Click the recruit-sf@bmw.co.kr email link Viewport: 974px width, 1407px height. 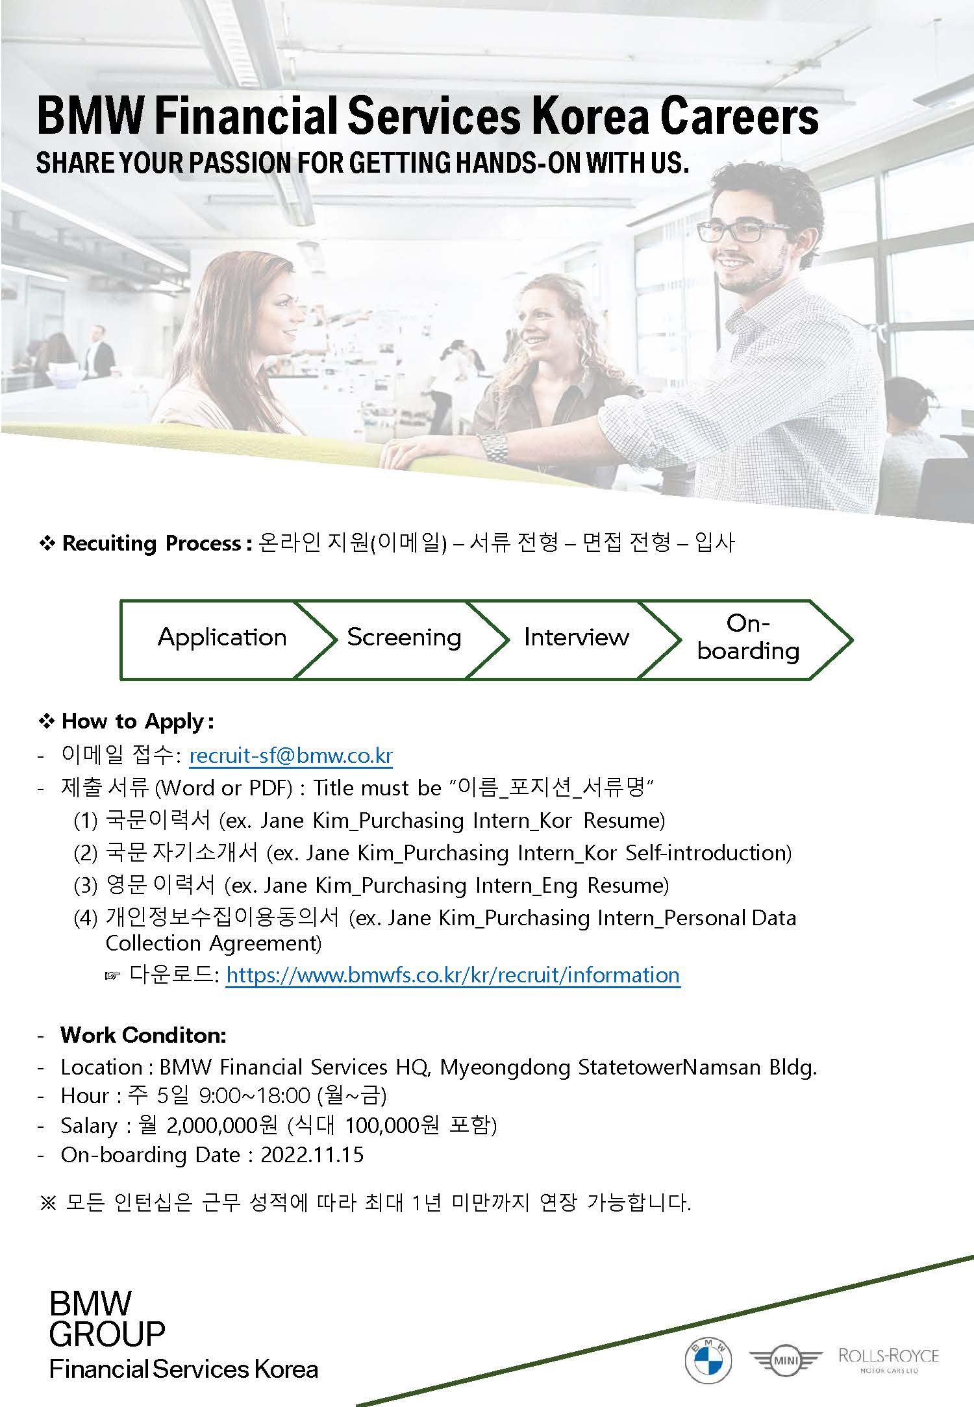(291, 756)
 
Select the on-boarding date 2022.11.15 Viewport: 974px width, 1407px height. (312, 1155)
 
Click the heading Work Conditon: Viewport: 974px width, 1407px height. (144, 1035)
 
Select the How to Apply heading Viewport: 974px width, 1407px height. (137, 721)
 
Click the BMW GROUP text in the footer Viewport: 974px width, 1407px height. (107, 1319)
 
